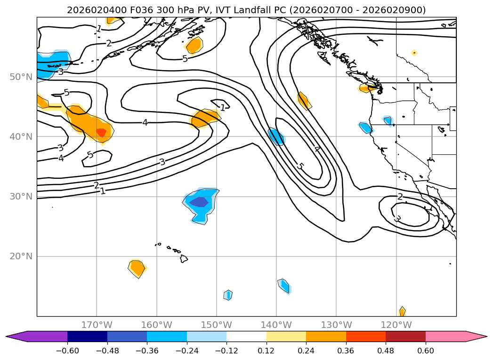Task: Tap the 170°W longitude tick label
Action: click(97, 325)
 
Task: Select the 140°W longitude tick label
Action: click(276, 325)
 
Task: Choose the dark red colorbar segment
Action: click(405, 336)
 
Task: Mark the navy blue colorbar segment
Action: click(87, 336)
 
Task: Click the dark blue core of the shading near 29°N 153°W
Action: click(199, 202)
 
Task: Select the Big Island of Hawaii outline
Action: click(184, 258)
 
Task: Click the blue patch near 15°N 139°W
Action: click(284, 286)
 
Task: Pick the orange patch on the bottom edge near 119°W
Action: click(402, 312)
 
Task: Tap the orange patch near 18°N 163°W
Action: click(137, 268)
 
